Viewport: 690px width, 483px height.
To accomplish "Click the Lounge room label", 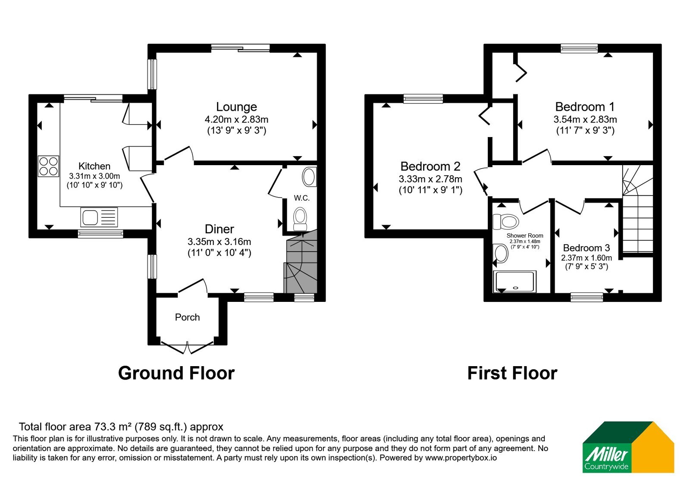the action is (236, 107).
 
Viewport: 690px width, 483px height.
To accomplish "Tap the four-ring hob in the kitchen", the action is (48, 166).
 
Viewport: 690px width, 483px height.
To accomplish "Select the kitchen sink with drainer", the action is (99, 217).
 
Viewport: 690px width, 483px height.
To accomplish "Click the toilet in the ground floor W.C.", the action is (300, 219).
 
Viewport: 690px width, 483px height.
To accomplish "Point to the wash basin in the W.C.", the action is (309, 177).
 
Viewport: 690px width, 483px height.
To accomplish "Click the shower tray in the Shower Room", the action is (514, 281).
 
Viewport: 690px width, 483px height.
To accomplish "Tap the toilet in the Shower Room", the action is (506, 222).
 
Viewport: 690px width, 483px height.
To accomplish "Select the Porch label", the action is (187, 317).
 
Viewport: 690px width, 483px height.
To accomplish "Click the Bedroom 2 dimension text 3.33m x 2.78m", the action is (430, 179).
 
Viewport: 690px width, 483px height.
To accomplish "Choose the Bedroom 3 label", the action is (586, 248).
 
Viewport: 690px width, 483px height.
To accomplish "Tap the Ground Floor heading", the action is (176, 373).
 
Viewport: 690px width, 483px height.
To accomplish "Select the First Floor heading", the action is (512, 373).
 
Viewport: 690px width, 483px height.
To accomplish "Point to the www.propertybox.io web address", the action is (461, 458).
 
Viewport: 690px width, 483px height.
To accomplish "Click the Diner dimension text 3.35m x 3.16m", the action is (220, 241).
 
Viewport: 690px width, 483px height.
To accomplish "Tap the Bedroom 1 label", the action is (585, 107).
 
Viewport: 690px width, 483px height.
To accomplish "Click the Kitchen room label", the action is (94, 166).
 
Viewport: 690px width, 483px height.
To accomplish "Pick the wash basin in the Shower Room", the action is (501, 254).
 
